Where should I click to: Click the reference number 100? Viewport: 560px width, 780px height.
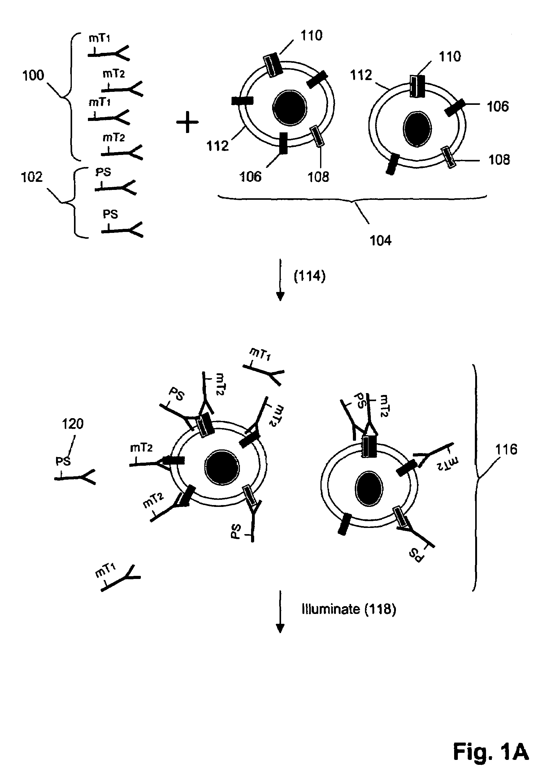[x=33, y=75]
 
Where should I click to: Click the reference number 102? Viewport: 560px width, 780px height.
[x=32, y=177]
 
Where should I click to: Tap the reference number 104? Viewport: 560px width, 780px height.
[x=380, y=240]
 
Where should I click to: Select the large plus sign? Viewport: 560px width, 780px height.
[x=187, y=122]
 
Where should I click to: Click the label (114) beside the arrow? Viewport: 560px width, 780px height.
[x=310, y=276]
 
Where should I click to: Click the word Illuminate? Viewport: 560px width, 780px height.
[x=330, y=609]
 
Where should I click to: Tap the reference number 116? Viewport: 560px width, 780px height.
[x=506, y=449]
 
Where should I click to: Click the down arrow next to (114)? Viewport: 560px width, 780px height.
[x=280, y=280]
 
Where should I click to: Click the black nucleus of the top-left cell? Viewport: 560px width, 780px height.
[x=289, y=108]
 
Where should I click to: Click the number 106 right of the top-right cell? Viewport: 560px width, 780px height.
[x=498, y=107]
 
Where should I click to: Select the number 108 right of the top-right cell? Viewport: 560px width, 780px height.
[x=499, y=160]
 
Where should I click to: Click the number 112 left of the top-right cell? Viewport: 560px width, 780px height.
[x=361, y=75]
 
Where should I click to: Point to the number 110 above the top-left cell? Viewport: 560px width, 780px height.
[x=311, y=36]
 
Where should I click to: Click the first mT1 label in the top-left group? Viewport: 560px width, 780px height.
[x=99, y=38]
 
